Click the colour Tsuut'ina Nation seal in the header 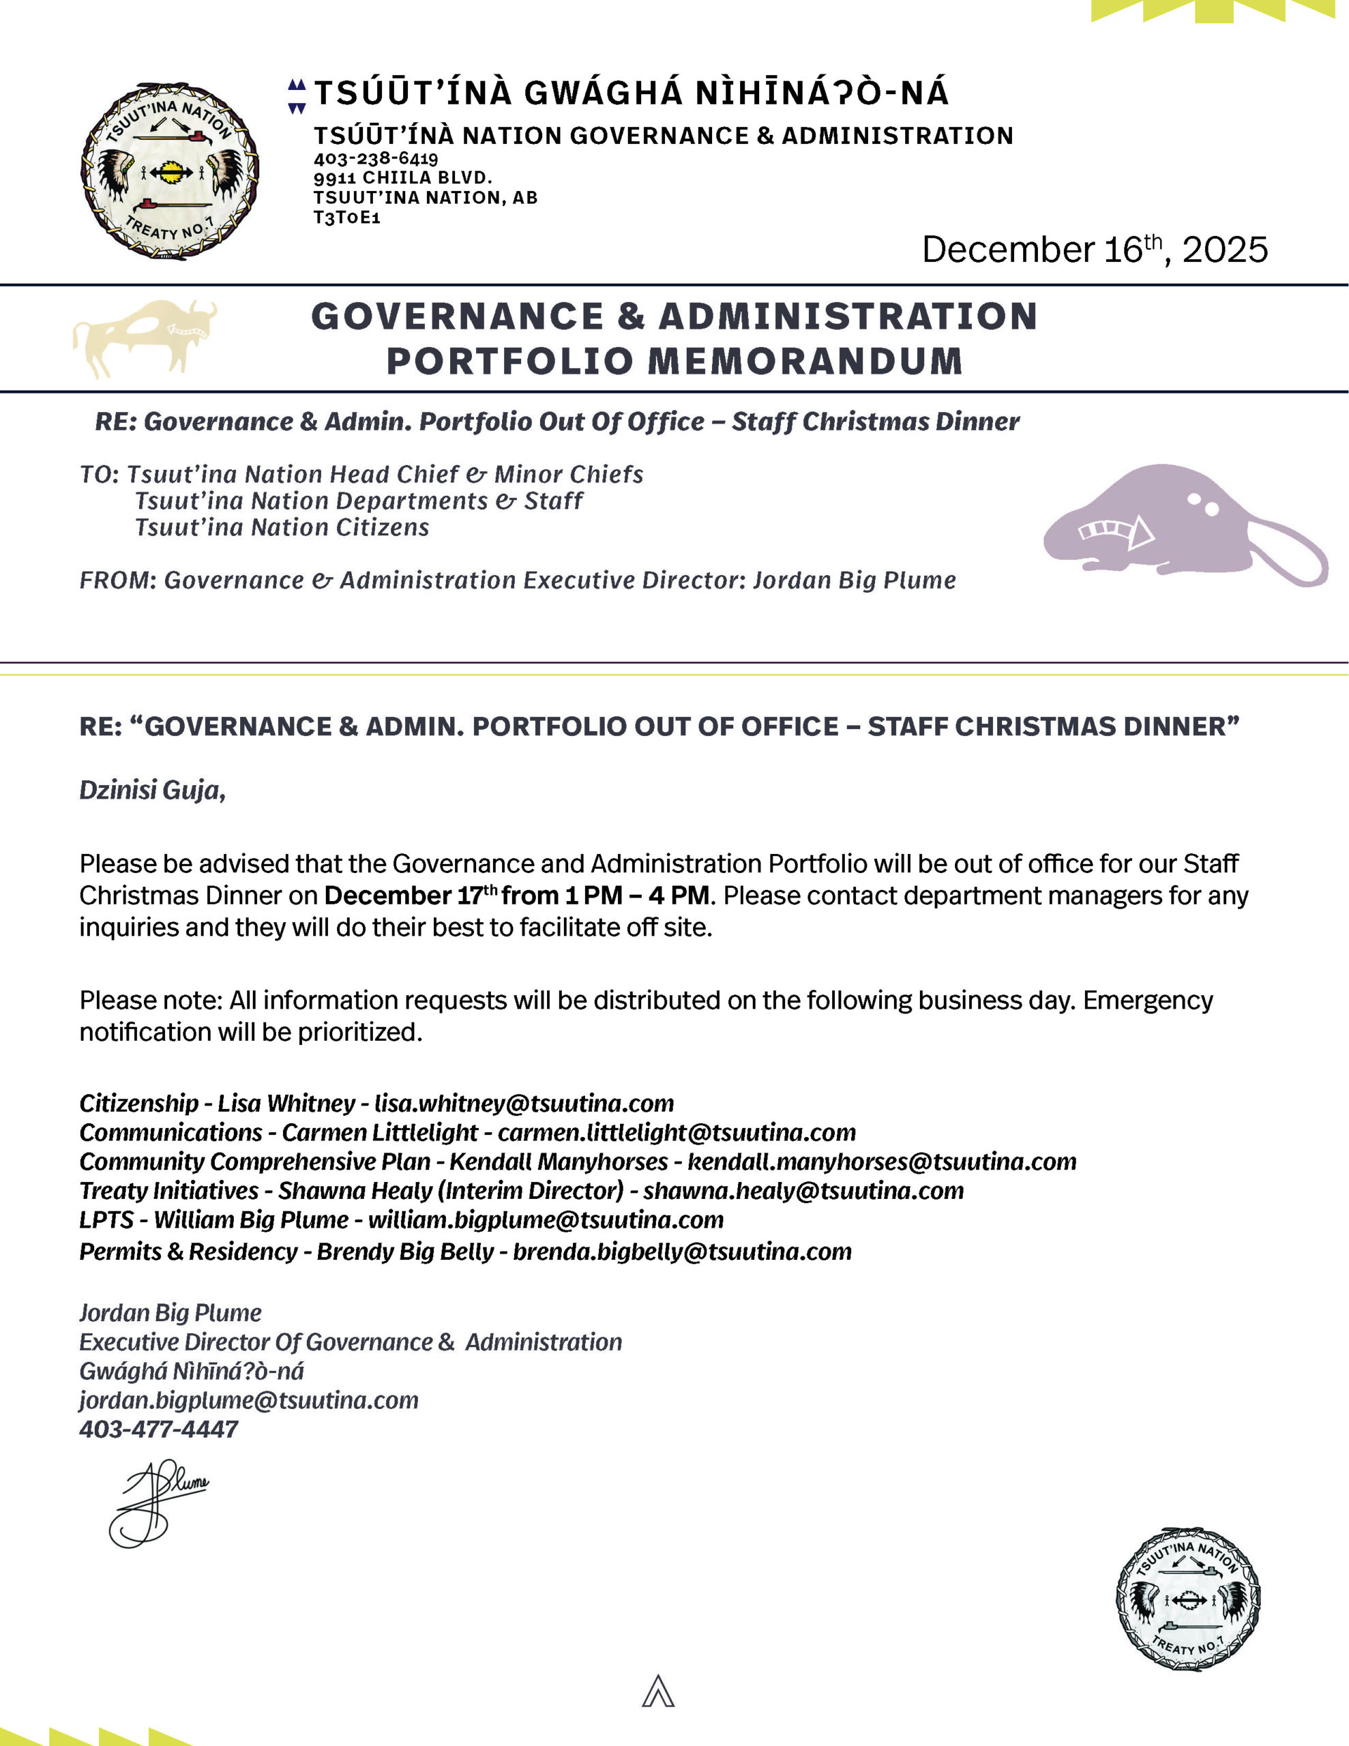click(x=170, y=171)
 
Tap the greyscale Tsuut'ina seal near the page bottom click(x=1187, y=1599)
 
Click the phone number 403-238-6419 click(x=376, y=158)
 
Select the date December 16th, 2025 click(x=1094, y=250)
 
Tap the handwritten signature click(x=158, y=1505)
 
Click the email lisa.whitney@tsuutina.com click(x=524, y=1104)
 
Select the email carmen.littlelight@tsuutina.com click(x=677, y=1132)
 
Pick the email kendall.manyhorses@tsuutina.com click(x=882, y=1161)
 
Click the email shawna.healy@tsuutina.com click(x=803, y=1190)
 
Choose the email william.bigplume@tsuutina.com click(x=546, y=1220)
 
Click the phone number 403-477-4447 click(x=159, y=1429)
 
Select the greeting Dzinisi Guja click(x=152, y=790)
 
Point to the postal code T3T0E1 click(x=346, y=218)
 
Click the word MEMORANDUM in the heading click(x=803, y=361)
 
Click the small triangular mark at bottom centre click(x=658, y=1691)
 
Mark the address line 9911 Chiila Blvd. click(x=402, y=177)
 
